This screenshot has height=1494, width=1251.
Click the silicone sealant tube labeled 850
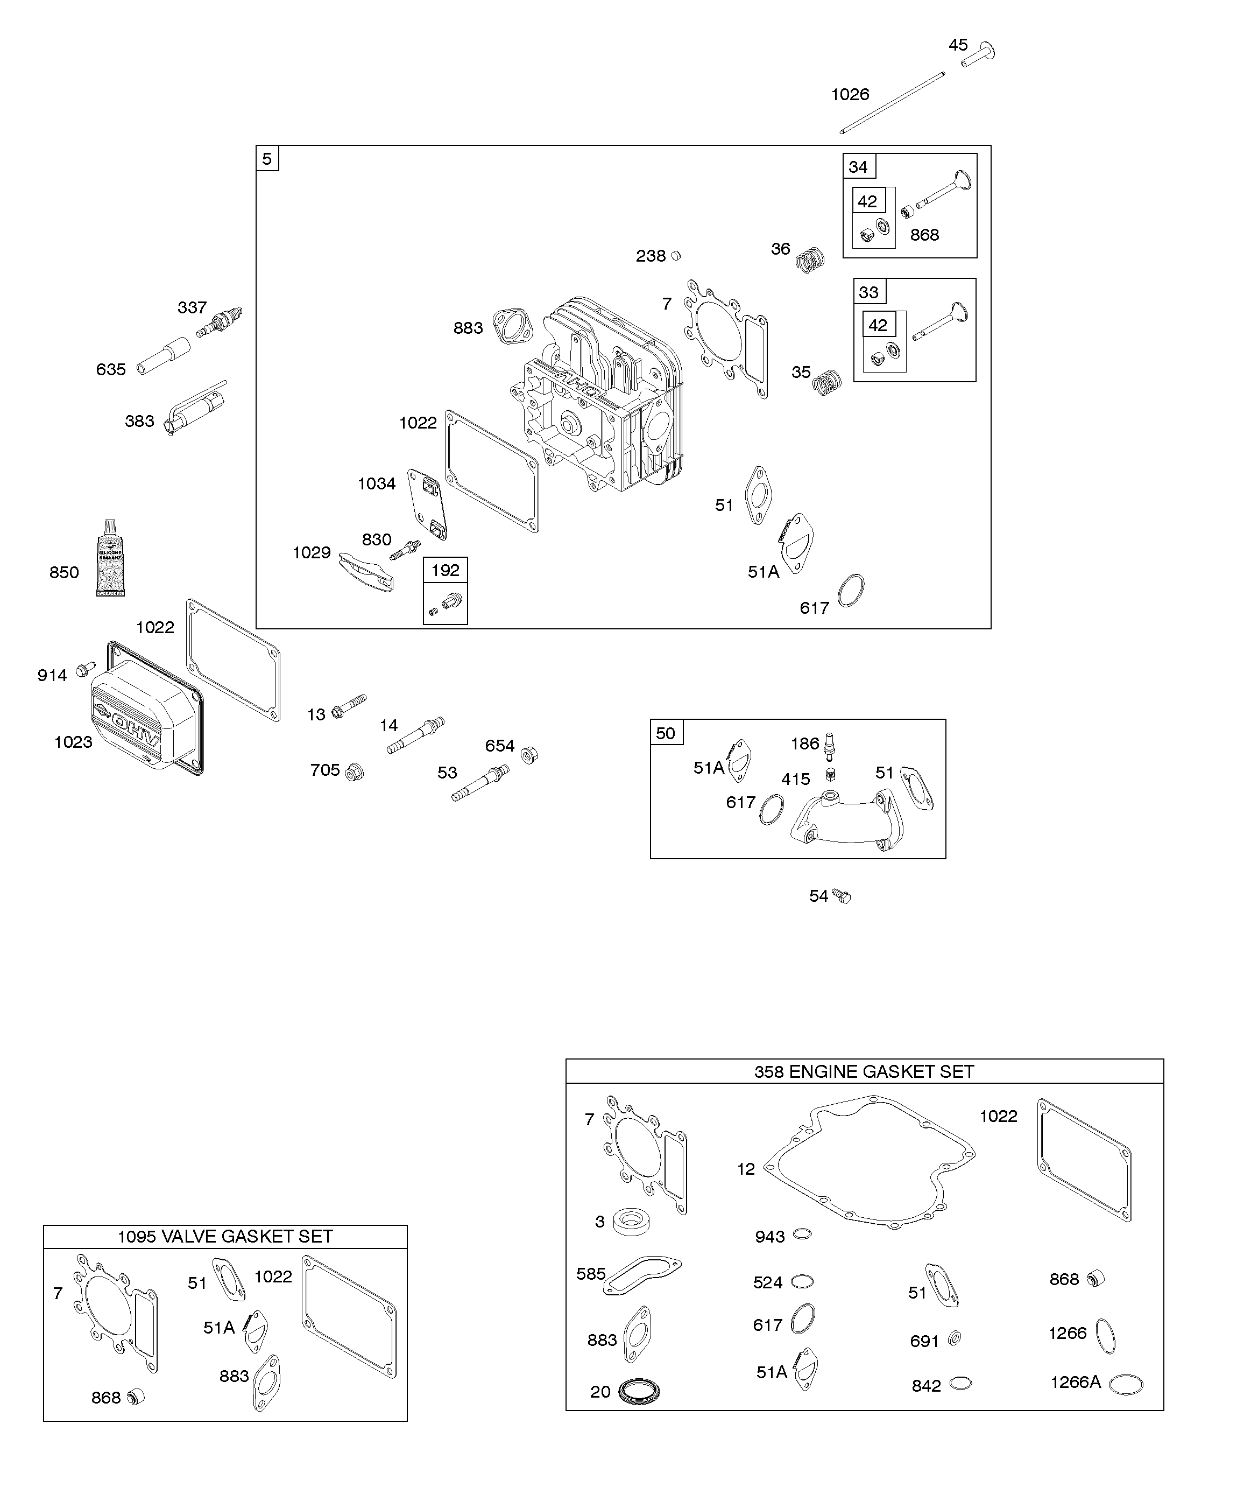tap(110, 558)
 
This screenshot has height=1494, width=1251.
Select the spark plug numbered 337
tap(221, 321)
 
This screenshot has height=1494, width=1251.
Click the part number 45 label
tap(958, 45)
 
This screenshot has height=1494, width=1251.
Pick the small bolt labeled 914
tap(86, 669)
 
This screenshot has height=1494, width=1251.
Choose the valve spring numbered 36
tap(809, 259)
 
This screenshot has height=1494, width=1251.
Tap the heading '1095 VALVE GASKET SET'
tap(225, 1237)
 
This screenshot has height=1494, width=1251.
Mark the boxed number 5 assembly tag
tap(267, 159)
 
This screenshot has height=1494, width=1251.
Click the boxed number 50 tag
tap(666, 733)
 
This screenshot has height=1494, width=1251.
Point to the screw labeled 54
tap(842, 896)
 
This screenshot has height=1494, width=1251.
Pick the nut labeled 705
tap(354, 772)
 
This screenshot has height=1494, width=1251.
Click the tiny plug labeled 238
tap(676, 255)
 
